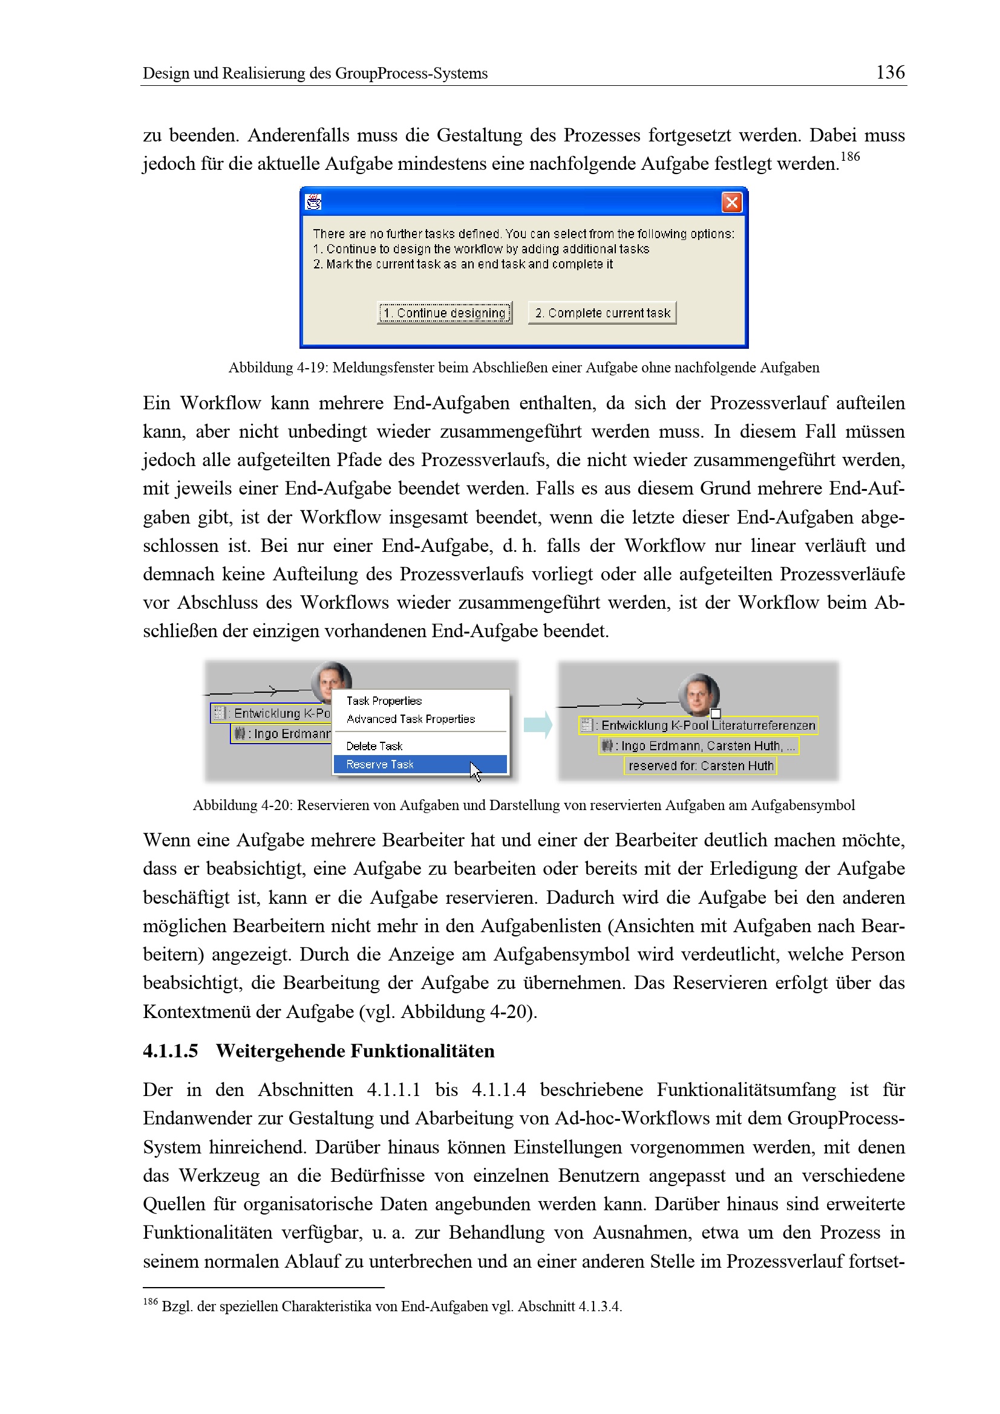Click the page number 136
[x=890, y=72]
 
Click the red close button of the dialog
[x=731, y=202]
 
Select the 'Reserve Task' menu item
[x=379, y=764]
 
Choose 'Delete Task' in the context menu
[x=374, y=746]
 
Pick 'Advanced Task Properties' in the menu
[x=410, y=719]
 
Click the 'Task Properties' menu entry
[x=384, y=701]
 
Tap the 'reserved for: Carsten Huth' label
[x=701, y=765]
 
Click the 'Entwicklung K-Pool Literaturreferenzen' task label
[x=699, y=725]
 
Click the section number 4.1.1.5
[x=170, y=1051]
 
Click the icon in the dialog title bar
[x=313, y=202]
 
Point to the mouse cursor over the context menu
[x=475, y=770]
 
